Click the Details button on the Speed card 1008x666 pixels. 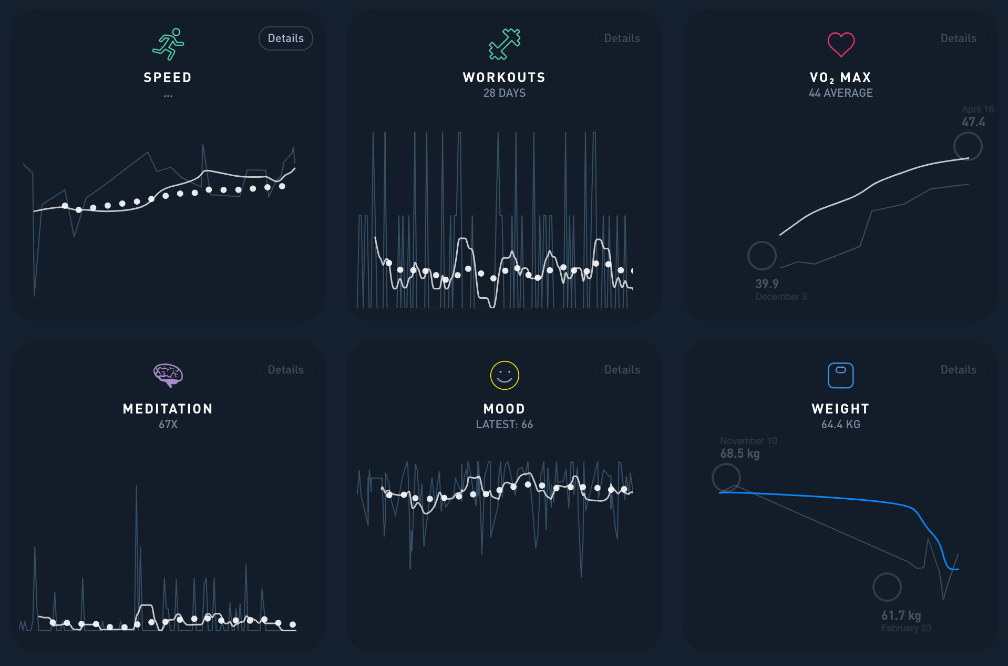click(285, 38)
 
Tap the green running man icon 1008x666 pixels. click(168, 44)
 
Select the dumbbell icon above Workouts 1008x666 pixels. click(504, 44)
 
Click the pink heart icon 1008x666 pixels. click(841, 44)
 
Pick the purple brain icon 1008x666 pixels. click(168, 375)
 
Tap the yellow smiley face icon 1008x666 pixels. click(504, 375)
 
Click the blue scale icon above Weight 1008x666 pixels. click(840, 375)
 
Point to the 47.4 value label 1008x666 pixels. click(973, 122)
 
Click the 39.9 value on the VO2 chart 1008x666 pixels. click(767, 284)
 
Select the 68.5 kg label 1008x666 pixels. click(739, 453)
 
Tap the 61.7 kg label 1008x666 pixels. click(901, 615)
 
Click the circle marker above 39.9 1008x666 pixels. click(762, 256)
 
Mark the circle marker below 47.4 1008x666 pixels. click(968, 146)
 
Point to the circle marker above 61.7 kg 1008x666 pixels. click(887, 587)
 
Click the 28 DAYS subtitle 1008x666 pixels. click(504, 93)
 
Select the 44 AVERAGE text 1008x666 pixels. click(840, 93)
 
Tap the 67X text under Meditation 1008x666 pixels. click(168, 425)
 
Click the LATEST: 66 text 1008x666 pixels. click(504, 425)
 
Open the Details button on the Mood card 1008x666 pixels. click(622, 370)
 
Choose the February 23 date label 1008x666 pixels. click(906, 628)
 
